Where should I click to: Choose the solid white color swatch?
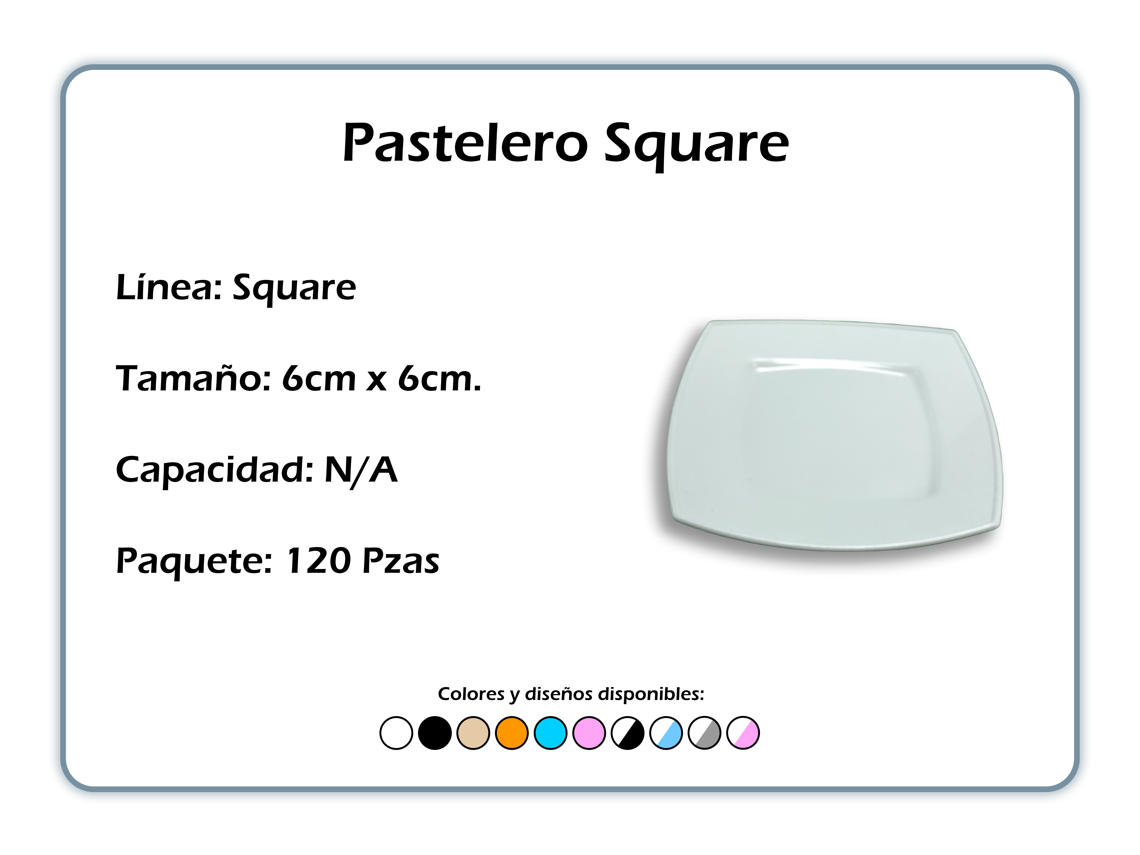396,733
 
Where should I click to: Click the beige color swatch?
473,733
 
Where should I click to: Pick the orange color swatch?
512,733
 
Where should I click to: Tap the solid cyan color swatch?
550,733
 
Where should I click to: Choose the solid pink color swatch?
589,733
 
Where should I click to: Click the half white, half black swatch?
628,733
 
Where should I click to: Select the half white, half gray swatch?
705,733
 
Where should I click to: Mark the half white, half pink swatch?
743,733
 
